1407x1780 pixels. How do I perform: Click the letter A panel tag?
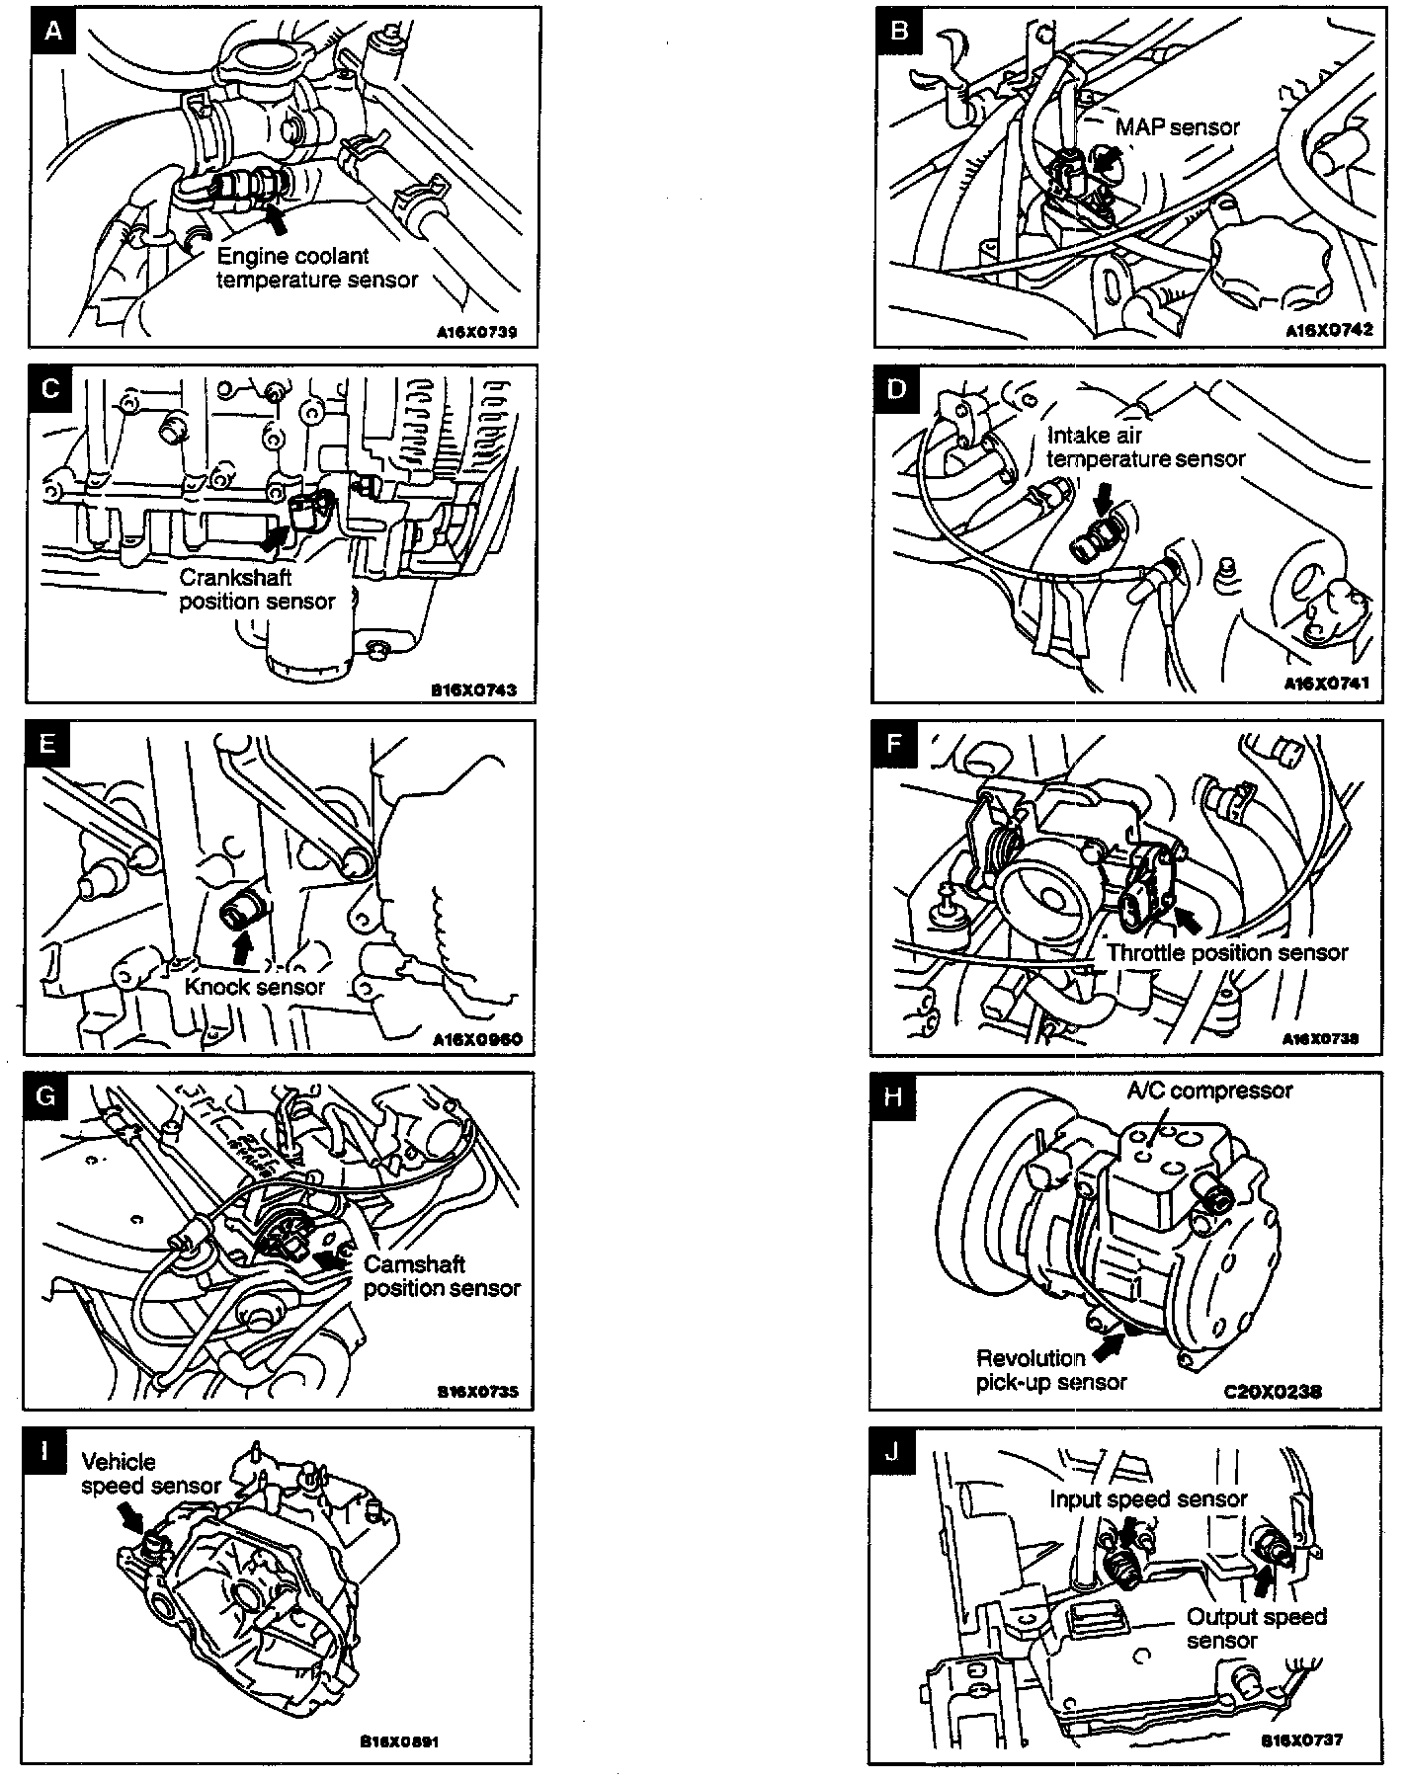click(54, 31)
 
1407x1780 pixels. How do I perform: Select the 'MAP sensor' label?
click(1177, 127)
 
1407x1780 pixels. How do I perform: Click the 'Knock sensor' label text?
click(255, 986)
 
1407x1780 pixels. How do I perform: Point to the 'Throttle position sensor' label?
click(1227, 952)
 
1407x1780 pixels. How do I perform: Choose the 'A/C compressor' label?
click(1209, 1091)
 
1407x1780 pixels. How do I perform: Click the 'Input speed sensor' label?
click(1148, 1498)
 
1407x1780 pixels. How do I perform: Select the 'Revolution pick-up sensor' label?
click(1050, 1369)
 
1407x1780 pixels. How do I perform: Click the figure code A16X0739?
click(476, 332)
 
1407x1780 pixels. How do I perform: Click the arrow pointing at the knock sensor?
click(241, 947)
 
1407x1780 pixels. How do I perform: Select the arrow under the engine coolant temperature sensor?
click(279, 219)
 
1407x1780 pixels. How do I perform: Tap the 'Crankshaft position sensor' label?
click(257, 589)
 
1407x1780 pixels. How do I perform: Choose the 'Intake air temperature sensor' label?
click(1145, 446)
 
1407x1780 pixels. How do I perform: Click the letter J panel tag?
click(893, 1452)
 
